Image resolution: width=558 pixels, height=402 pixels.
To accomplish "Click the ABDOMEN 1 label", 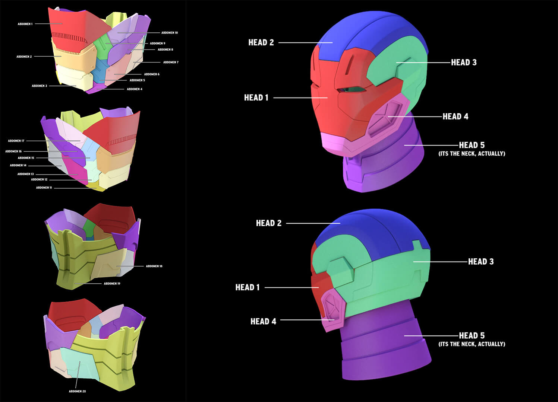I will click(25, 24).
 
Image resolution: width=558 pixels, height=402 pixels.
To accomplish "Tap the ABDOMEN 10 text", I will click(169, 33).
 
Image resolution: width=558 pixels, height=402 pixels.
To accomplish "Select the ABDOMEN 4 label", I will click(134, 89).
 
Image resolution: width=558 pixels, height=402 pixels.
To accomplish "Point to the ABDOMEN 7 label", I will click(171, 63).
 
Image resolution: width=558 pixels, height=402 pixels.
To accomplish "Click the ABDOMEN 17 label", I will click(16, 141).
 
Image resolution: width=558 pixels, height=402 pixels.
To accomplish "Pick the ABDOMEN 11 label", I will click(44, 188).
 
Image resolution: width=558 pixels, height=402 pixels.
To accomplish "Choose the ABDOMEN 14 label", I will click(18, 165).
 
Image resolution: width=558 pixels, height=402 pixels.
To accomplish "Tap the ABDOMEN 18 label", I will click(154, 267).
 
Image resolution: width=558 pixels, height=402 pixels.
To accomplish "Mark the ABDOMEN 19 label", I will click(112, 284).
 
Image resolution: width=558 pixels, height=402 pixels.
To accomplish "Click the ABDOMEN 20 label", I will click(77, 392).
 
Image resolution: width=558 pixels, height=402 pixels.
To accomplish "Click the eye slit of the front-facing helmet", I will click(352, 89).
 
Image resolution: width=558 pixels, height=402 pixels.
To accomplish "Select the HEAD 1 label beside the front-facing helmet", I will click(256, 98).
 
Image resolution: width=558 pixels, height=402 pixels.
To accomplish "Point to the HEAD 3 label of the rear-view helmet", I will click(480, 262).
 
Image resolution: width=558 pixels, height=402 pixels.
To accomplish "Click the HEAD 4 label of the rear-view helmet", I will click(263, 322).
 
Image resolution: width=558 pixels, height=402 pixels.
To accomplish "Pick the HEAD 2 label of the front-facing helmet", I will click(261, 43).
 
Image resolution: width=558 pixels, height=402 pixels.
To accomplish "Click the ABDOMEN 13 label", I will click(25, 174).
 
